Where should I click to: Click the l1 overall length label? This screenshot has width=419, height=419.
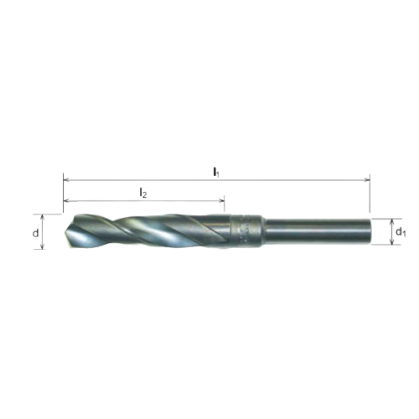[216, 171]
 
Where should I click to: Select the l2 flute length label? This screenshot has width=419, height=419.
[143, 193]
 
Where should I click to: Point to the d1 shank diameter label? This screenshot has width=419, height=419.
[401, 231]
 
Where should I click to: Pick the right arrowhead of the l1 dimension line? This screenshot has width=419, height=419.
[366, 179]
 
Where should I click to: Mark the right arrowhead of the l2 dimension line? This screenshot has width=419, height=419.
[221, 201]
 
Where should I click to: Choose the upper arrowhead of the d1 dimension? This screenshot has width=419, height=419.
[391, 220]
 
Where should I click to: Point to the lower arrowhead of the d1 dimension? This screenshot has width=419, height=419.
[391, 243]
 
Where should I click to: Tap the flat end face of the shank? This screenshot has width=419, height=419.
[369, 231]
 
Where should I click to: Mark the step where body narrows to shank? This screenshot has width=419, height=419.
[263, 231]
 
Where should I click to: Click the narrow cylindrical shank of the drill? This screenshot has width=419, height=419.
[318, 231]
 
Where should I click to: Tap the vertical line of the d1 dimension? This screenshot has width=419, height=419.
[391, 231]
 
